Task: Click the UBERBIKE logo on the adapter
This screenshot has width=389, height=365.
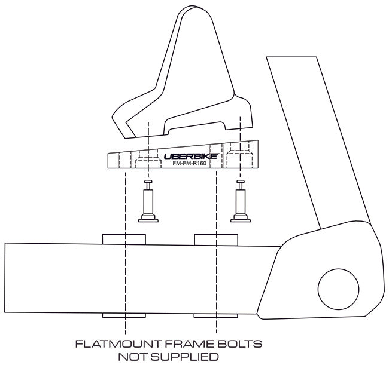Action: coord(192,156)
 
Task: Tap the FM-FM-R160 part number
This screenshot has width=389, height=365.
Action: coord(190,164)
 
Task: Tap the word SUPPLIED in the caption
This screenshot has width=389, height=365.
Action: coord(184,357)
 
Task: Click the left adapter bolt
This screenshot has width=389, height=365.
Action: coord(148,201)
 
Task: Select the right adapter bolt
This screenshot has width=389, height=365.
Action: coord(241,201)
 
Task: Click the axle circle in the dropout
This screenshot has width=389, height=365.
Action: coord(338,289)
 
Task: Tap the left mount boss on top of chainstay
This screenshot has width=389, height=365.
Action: coord(124,239)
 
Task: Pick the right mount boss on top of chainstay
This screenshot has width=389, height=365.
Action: coord(216,240)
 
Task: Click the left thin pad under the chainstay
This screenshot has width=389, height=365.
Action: coord(124,315)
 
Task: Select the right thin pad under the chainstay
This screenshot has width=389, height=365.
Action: coord(216,316)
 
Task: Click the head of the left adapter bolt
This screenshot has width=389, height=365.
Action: coord(148,182)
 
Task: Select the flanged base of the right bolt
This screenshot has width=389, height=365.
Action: coord(241,219)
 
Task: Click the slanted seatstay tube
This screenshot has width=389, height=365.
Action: coord(318,141)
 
